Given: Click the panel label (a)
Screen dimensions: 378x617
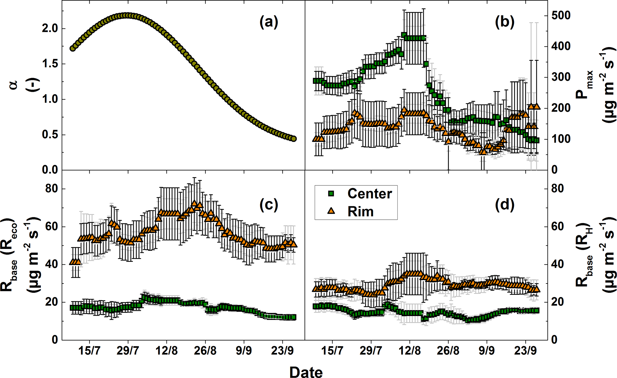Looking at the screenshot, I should (269, 23).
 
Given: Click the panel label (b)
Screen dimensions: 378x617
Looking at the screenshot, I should (504, 23).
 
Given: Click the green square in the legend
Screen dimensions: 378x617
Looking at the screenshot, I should (331, 194).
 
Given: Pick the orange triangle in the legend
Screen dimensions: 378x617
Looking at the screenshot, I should (331, 211).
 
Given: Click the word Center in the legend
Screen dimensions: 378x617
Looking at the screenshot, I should (370, 194).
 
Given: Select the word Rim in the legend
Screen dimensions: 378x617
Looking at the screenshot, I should (360, 212).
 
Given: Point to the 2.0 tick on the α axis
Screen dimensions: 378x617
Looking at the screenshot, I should (50, 29).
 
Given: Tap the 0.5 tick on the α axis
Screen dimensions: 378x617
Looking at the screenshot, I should (50, 135).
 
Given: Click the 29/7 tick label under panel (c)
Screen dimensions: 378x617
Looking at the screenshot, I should (128, 351).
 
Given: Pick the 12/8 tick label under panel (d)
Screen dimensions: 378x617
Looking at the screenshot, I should (410, 351).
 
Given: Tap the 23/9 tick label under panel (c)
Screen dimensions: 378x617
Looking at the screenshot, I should (282, 351).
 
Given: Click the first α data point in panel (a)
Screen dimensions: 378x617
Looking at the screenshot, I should (73, 48).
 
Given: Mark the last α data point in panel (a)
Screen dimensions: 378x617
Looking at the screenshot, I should (294, 139).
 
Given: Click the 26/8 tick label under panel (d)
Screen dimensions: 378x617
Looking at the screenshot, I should (448, 351).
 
